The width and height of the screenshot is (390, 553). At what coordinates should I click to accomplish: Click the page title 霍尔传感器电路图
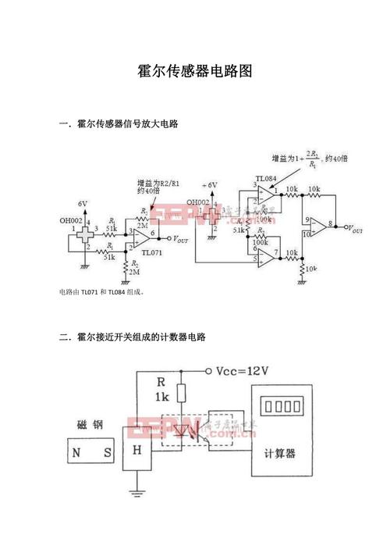tap(195, 70)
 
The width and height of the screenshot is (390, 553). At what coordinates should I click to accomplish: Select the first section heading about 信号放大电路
tap(124, 123)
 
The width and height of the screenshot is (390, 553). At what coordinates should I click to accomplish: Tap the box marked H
tap(137, 451)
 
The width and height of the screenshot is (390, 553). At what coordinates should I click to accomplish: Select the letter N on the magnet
tap(76, 451)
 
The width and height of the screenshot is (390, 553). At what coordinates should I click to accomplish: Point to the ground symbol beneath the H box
tap(137, 492)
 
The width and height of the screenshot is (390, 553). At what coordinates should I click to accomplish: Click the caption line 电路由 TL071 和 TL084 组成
tap(101, 292)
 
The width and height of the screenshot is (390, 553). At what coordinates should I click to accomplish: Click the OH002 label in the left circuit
tap(71, 220)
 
